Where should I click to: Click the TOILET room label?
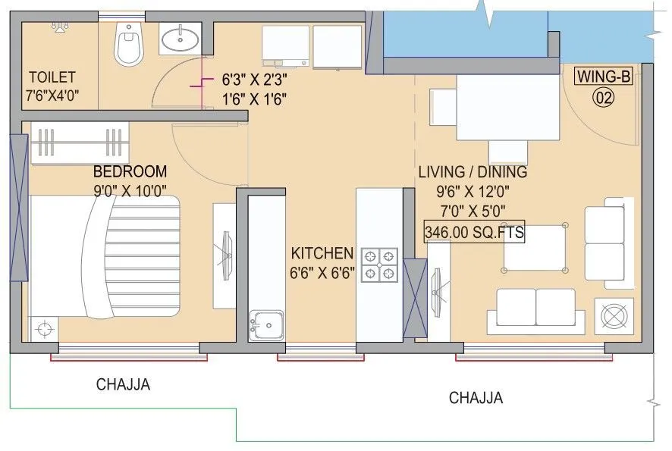pos(52,77)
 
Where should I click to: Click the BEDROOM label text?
pos(130,171)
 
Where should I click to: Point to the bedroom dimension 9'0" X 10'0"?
pos(130,189)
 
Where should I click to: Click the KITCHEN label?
pos(322,253)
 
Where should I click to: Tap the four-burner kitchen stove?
pos(379,263)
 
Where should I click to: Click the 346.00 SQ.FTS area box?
pos(475,233)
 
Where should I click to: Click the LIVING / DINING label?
pos(473,172)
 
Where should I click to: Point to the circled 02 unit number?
pos(603,97)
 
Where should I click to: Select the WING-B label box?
pos(604,77)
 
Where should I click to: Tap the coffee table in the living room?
pos(535,248)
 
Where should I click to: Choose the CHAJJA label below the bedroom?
pos(123,384)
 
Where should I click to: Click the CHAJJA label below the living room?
pos(476,398)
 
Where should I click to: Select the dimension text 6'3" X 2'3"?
pos(255,79)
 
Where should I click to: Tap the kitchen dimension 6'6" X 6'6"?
pos(322,272)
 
